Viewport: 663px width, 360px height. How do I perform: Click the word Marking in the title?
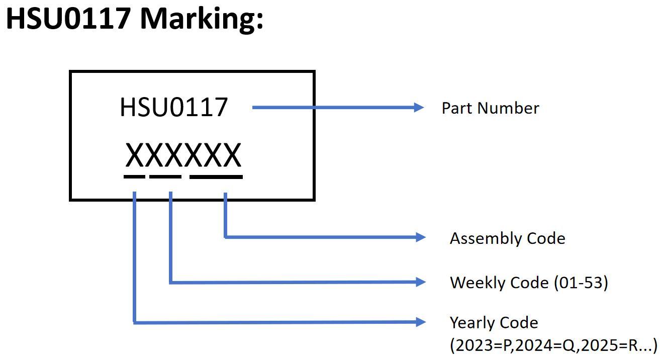click(202, 19)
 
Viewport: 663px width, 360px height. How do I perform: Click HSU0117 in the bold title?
click(68, 19)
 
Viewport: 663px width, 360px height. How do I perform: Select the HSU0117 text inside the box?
click(173, 108)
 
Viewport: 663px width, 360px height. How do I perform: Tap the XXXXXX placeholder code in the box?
click(183, 155)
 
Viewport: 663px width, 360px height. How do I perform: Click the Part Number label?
click(490, 108)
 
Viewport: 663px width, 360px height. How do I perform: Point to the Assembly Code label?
click(507, 238)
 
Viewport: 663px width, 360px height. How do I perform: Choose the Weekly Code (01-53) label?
click(529, 283)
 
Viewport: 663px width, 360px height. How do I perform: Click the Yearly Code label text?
click(494, 322)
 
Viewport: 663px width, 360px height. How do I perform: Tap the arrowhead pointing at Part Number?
click(419, 107)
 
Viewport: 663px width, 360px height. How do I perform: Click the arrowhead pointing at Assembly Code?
click(420, 237)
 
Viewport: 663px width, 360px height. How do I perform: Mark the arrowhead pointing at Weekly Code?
click(420, 282)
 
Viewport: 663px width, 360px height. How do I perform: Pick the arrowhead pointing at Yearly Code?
click(420, 322)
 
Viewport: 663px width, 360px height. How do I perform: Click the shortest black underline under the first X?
click(134, 176)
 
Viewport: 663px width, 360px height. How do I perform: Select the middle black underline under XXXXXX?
click(165, 176)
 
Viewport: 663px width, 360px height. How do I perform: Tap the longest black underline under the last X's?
click(216, 176)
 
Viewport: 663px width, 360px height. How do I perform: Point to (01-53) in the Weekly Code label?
click(581, 283)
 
